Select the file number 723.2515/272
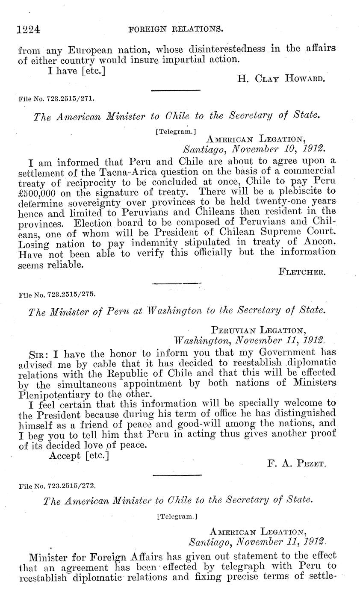coord(57,486)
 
